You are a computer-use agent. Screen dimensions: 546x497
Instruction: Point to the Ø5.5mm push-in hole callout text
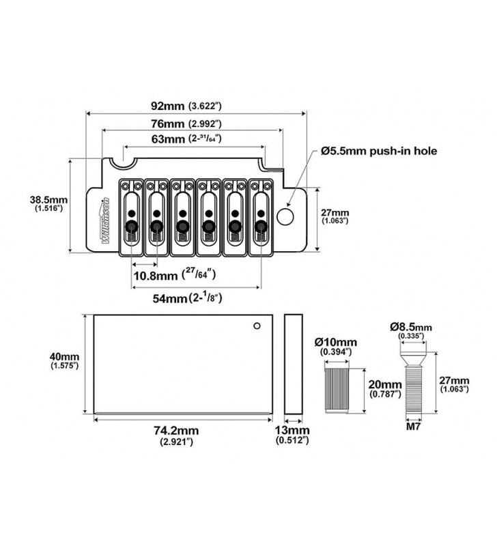(x=379, y=151)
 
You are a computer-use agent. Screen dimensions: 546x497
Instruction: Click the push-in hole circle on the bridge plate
(x=287, y=216)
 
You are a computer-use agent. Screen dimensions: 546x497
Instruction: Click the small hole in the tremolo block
(x=257, y=325)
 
